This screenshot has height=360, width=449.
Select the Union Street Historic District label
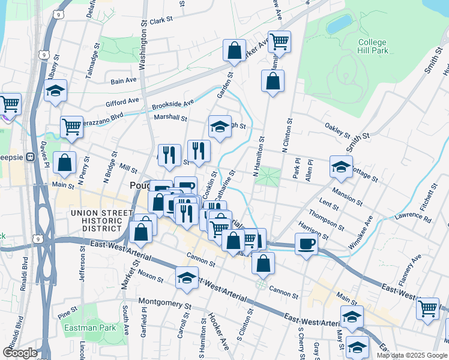pos(101,221)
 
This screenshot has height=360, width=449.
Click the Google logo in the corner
pos(20,353)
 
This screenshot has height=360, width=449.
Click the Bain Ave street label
pos(124,80)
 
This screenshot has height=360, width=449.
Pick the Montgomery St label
pos(164,303)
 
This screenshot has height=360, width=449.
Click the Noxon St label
pos(151,275)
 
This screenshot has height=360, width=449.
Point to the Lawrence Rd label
pos(413,218)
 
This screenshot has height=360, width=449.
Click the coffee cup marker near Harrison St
pos(306,244)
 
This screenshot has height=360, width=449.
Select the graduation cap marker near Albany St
pos(56,91)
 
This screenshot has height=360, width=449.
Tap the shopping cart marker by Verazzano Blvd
pos(71,127)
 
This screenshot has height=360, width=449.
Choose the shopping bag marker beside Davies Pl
pos(64,162)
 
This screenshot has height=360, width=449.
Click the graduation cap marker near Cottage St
pos(341,167)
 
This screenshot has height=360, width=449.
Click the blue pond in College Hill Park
pos(339,25)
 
